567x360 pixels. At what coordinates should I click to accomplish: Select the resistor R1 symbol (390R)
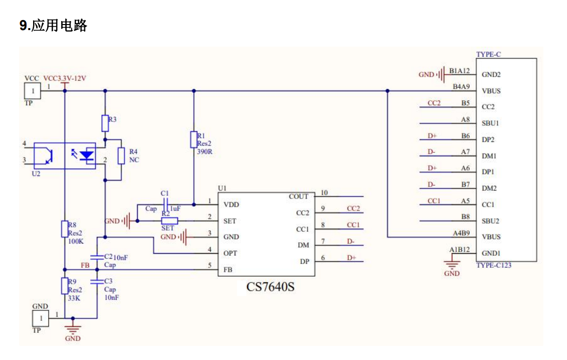194,139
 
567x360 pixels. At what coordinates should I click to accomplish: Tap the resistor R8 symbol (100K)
65,229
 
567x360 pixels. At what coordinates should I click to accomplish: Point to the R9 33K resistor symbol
65,286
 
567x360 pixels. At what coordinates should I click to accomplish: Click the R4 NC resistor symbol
121,156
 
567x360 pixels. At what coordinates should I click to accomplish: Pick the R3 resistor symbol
105,123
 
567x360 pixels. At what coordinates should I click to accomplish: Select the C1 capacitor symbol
165,204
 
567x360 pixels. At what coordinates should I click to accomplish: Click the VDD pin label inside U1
231,205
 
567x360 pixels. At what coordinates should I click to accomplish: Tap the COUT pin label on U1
298,197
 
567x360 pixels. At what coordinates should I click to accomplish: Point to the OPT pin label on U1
230,253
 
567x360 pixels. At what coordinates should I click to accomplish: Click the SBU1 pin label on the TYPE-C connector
490,123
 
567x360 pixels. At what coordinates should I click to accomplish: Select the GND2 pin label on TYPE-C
491,75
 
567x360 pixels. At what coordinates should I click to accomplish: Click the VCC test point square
33,91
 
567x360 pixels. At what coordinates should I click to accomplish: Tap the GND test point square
41,318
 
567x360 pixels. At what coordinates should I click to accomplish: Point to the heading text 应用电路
59,26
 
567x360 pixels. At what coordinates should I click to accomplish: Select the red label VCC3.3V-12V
65,79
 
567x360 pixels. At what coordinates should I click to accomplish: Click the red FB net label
85,265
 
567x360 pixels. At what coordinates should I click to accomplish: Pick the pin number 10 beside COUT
324,193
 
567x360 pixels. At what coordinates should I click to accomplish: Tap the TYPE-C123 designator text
494,265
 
